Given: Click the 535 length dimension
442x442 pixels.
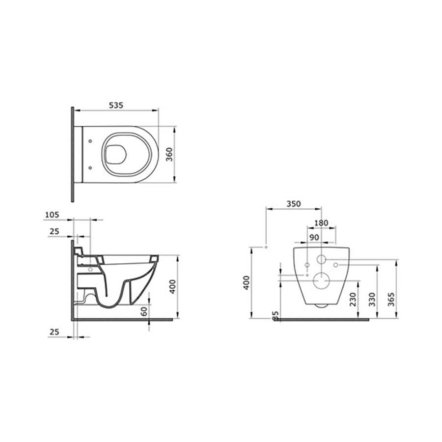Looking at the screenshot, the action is pos(116,105).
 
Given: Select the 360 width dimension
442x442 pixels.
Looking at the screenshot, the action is pos(169,154).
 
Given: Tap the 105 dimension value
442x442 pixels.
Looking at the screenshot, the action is pos(52,215).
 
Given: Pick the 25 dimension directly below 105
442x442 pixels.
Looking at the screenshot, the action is pos(55,231).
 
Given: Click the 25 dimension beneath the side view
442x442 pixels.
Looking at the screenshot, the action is pos(55,332).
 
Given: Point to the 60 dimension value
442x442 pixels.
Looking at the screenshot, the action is pos(144,311).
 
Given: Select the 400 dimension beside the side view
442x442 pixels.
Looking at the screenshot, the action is pos(173,286).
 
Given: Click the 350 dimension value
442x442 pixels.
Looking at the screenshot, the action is pos(294,203).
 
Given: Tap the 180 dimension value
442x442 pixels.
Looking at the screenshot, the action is pos(321,223).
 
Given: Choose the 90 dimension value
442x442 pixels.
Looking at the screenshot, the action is pos(314,237).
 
